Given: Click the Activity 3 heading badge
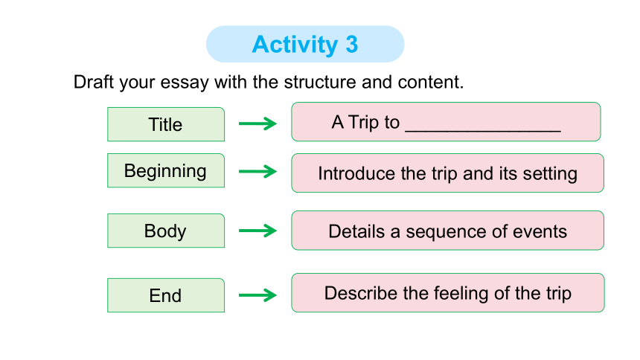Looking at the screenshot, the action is point(305,44).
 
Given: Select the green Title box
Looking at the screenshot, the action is point(166,124).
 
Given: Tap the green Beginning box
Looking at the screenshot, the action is point(166,170).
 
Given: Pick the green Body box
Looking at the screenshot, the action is point(166,231).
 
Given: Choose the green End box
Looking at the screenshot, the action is point(166,295).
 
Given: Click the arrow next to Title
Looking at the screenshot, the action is point(257,123).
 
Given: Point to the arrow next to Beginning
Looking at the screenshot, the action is point(257,171).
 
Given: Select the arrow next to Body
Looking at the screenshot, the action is point(257,231).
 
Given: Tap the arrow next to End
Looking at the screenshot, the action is point(257,295).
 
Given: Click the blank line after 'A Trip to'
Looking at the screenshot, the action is point(483,131).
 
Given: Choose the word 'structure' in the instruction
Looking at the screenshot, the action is point(320,82).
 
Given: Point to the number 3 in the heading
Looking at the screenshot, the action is point(352,45).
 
